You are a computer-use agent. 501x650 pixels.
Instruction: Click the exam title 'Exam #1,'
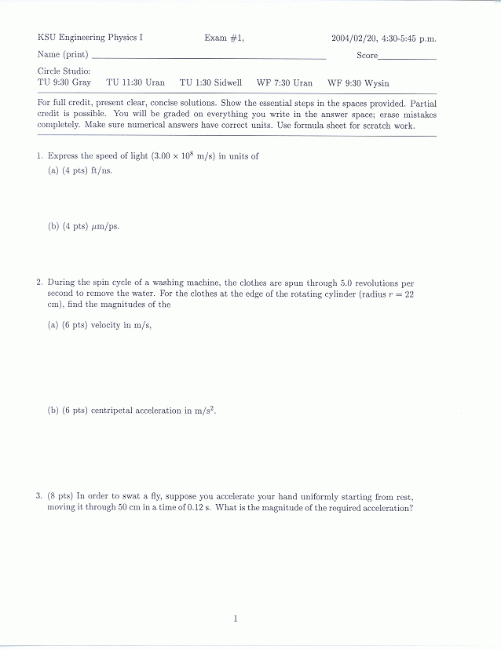click(225, 38)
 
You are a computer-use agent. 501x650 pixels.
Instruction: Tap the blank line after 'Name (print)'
click(208, 57)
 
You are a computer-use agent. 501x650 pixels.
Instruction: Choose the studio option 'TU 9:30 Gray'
click(64, 82)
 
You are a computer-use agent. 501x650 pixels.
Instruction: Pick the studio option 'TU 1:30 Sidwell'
click(210, 82)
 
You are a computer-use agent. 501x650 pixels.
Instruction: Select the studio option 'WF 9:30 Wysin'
click(358, 82)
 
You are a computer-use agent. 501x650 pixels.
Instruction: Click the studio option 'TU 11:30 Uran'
click(135, 82)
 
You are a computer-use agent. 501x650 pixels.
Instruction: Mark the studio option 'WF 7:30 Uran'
click(284, 82)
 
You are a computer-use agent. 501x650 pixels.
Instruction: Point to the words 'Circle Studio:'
click(64, 71)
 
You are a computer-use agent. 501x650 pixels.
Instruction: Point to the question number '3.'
click(38, 496)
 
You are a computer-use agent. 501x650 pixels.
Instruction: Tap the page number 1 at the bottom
click(235, 619)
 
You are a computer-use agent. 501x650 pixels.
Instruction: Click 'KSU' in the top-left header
click(46, 38)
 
